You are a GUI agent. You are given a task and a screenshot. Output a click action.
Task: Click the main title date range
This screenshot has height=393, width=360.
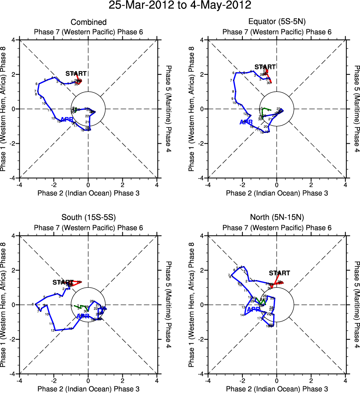point(180,6)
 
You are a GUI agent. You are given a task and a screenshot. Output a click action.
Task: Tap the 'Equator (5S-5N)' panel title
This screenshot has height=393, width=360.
point(277,22)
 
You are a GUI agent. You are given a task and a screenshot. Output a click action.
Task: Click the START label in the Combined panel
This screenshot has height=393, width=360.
point(76,73)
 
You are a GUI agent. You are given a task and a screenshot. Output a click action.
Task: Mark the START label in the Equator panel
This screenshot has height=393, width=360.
point(265,67)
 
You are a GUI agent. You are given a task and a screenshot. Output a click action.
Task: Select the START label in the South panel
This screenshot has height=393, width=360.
point(63,282)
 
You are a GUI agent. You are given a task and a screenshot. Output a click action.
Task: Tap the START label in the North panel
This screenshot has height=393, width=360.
point(279,273)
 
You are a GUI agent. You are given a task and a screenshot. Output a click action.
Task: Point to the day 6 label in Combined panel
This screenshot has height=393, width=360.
point(37,84)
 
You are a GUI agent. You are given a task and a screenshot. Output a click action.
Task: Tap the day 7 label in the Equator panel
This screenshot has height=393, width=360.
point(231,80)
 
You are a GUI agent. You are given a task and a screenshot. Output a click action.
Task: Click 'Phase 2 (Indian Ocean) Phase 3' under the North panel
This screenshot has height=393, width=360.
point(277,389)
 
